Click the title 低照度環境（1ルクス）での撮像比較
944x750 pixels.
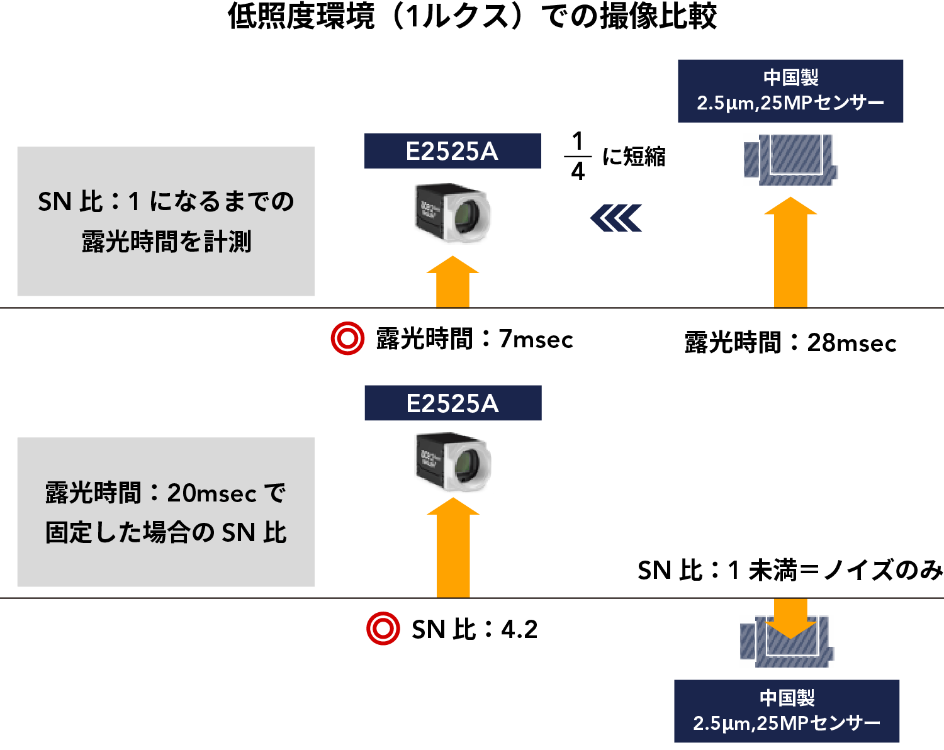pos(472,16)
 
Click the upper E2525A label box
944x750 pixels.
pos(452,151)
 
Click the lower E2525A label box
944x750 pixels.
pos(452,403)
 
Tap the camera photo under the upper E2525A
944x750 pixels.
pos(452,212)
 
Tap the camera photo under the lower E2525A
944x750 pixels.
pos(453,461)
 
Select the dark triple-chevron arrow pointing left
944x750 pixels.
pos(616,218)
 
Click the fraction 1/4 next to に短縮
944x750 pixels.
pos(578,156)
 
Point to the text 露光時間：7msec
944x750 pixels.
pos(475,339)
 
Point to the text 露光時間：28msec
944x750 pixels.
pos(790,343)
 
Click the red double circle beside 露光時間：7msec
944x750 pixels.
pos(347,339)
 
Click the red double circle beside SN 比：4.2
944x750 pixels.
pos(383,629)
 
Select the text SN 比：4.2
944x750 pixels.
pos(475,629)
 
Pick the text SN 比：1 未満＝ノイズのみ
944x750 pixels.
pos(790,570)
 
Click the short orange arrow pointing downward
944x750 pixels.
pos(790,618)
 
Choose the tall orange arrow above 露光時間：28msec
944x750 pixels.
pos(790,253)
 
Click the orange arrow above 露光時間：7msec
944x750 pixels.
pos(453,283)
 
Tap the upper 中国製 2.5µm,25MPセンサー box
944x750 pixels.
pos(790,91)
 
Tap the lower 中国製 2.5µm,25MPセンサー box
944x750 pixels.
pos(787,711)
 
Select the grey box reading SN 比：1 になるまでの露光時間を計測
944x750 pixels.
pos(166,221)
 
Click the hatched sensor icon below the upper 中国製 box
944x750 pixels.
pos(790,160)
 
